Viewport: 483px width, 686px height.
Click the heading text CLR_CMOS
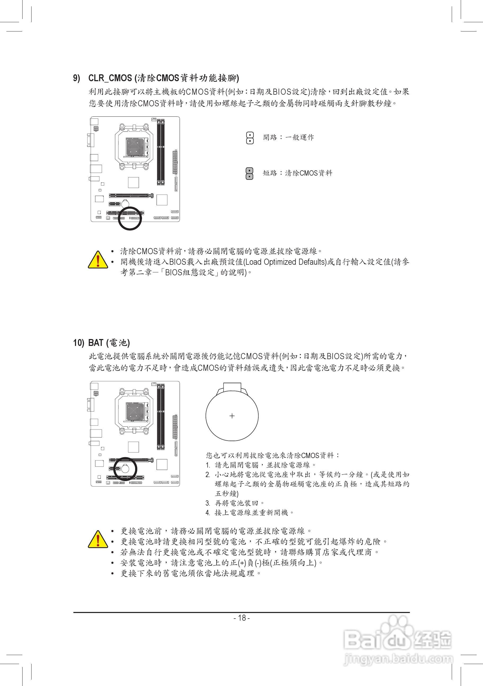pyautogui.click(x=110, y=78)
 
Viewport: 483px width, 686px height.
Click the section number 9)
pyautogui.click(x=77, y=78)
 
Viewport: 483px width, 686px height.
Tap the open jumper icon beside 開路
pyautogui.click(x=250, y=138)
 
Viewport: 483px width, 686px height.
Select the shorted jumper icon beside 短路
pyautogui.click(x=249, y=173)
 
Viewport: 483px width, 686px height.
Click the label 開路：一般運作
pyautogui.click(x=289, y=138)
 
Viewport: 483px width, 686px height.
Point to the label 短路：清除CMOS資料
pyautogui.click(x=298, y=173)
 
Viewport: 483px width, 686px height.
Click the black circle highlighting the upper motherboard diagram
pyautogui.click(x=130, y=218)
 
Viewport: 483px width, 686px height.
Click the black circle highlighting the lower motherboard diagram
pyautogui.click(x=125, y=469)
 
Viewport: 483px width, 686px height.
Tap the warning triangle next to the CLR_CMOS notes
pyautogui.click(x=98, y=260)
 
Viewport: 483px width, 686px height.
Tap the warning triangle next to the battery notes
pyautogui.click(x=98, y=539)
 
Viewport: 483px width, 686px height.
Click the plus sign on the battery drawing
pyautogui.click(x=232, y=416)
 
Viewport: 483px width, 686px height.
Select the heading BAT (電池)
pyautogui.click(x=109, y=343)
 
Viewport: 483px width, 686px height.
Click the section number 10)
pyautogui.click(x=78, y=343)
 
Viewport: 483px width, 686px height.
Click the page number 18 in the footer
pyautogui.click(x=242, y=618)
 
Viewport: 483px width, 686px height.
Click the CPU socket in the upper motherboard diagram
pyautogui.click(x=134, y=147)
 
